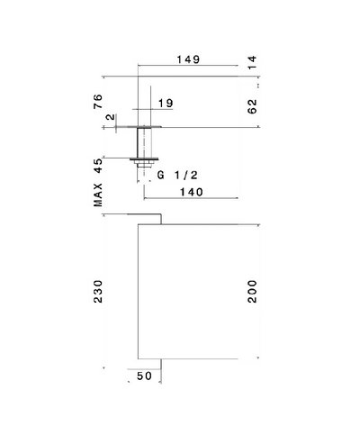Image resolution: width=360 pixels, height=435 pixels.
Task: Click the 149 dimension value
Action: click(x=188, y=59)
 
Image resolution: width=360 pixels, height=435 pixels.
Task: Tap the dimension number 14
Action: click(x=253, y=62)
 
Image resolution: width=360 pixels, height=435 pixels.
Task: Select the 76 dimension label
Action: click(x=98, y=102)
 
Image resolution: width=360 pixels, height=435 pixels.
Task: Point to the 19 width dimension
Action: click(x=166, y=104)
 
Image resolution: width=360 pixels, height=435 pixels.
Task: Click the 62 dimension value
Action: click(x=253, y=106)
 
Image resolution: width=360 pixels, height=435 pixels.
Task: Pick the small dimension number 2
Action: click(x=111, y=116)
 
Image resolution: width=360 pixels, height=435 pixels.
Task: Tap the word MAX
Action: click(x=98, y=195)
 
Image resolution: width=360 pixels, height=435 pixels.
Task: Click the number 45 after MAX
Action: click(x=98, y=166)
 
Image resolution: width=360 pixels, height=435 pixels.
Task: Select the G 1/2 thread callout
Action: click(x=177, y=175)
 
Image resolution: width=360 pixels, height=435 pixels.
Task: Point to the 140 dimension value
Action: click(x=192, y=192)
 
